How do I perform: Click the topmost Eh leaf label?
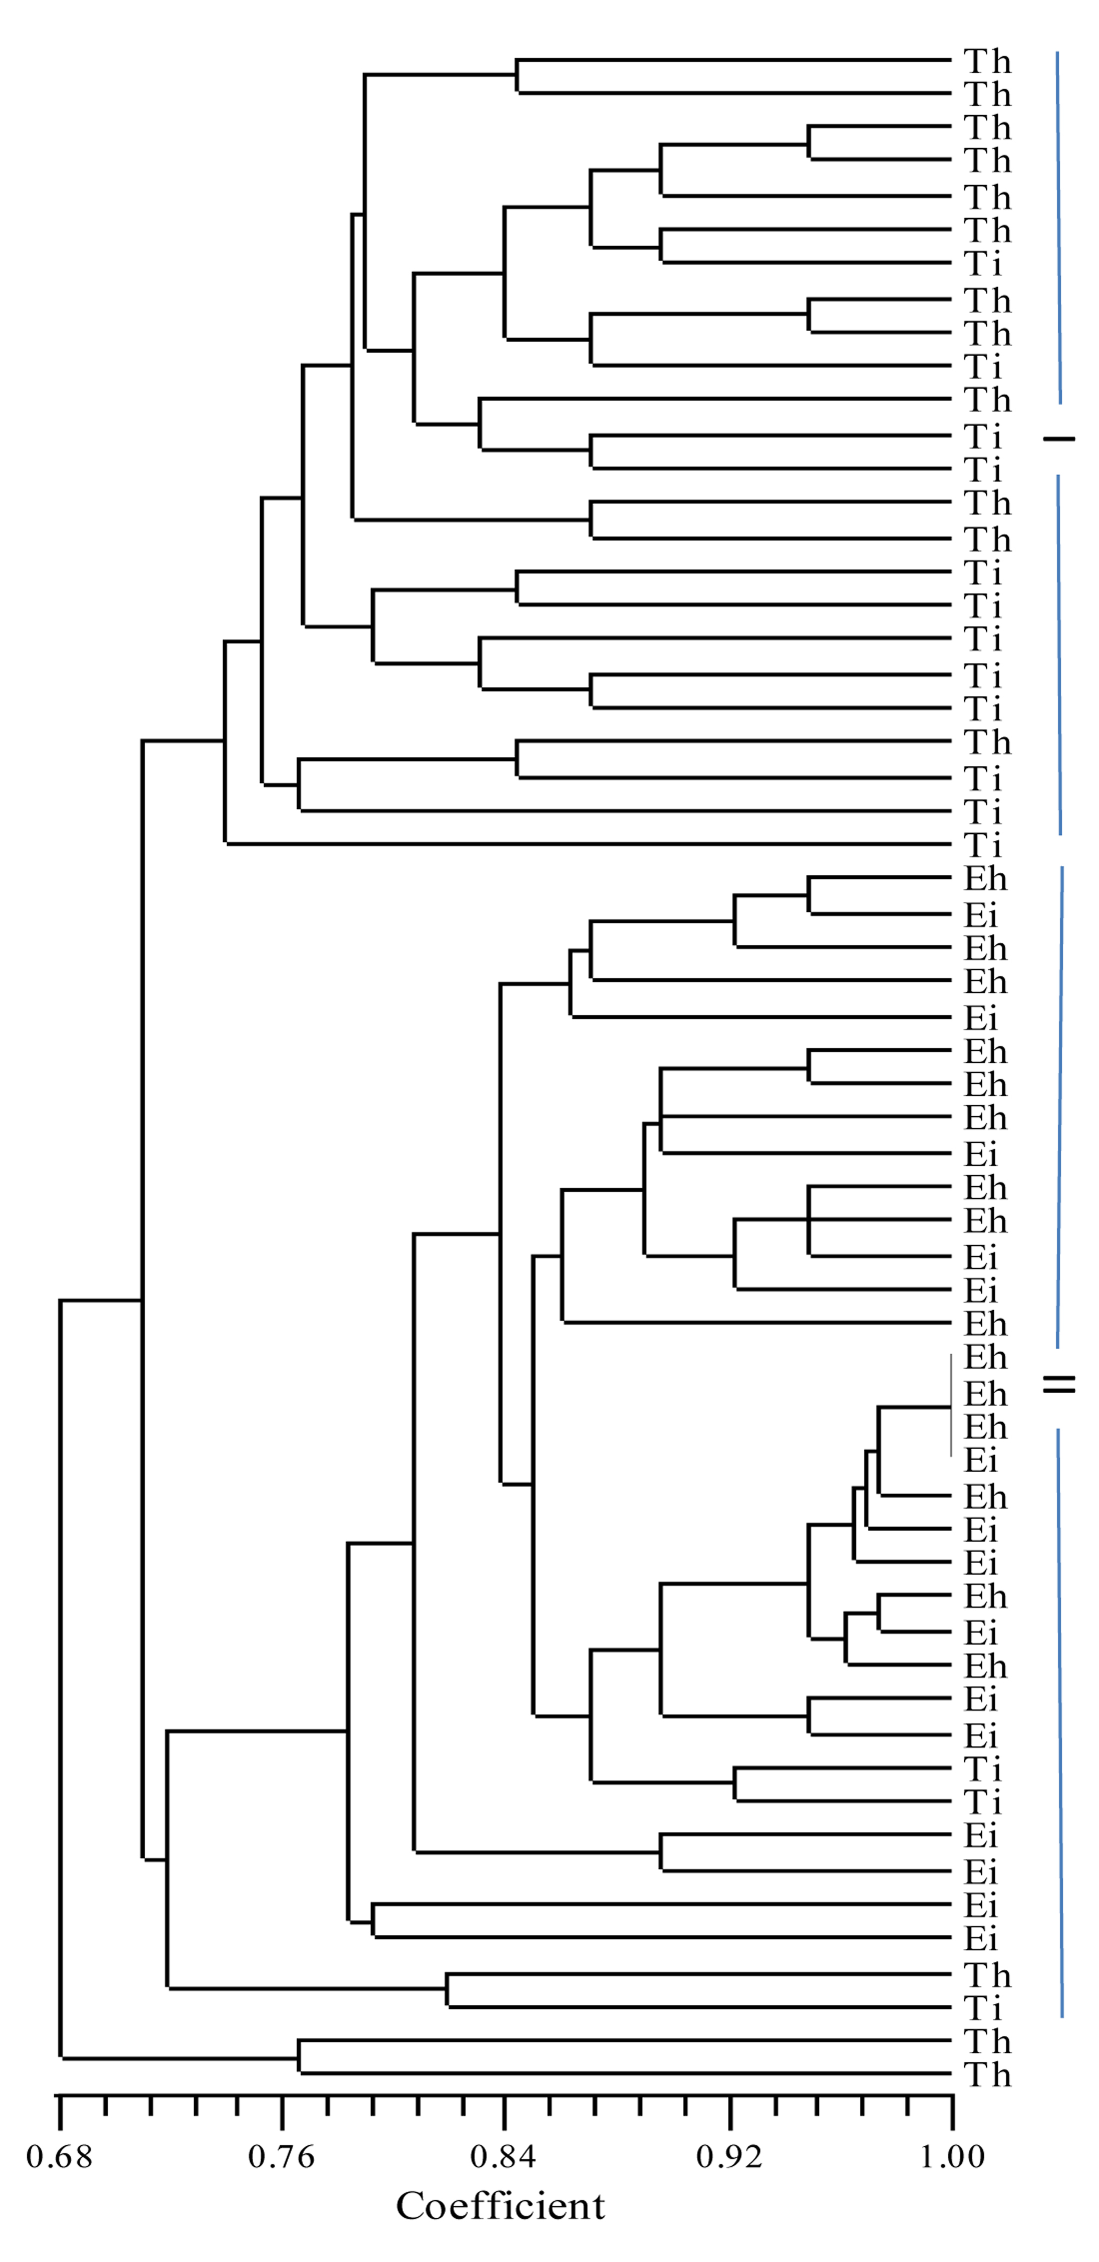pyautogui.click(x=985, y=879)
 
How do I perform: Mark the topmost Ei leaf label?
pyautogui.click(x=981, y=915)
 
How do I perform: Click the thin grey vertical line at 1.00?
pyautogui.click(x=951, y=1406)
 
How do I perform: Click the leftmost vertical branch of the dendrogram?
pyautogui.click(x=60, y=1688)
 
